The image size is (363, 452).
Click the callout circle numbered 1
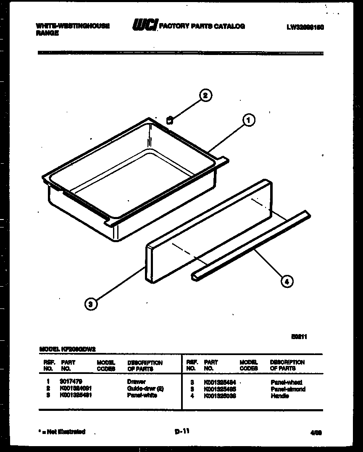[248, 120]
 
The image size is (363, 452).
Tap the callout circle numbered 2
[205, 95]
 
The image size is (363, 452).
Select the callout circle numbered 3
[91, 304]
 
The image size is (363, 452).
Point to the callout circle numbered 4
[287, 282]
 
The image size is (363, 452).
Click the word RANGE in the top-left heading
[47, 33]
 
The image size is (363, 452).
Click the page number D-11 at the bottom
[181, 431]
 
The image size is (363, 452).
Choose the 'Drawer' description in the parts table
[136, 382]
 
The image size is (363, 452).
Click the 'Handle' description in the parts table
[279, 396]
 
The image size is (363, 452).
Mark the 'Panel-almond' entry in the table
[288, 389]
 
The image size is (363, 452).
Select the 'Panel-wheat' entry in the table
[287, 382]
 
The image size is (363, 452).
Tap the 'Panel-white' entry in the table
[142, 395]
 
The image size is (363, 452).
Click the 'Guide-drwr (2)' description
[145, 389]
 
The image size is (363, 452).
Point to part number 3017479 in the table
[71, 382]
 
